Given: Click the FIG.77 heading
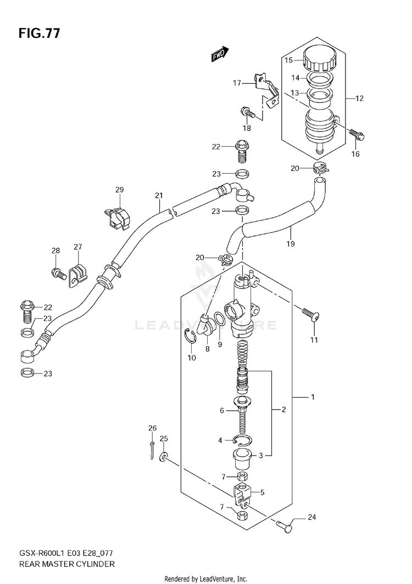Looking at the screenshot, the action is point(38,34).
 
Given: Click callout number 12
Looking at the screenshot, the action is point(359,98).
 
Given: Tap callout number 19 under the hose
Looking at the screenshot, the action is point(291,244).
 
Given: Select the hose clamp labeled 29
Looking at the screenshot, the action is point(117,217).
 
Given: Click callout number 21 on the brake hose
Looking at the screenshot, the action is point(159,196).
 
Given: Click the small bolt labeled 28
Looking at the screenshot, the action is point(59,274).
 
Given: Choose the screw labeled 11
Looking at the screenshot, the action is point(311,315).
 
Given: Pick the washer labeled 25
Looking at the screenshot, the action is point(163,456).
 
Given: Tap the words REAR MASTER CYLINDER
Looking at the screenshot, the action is point(66,564).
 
